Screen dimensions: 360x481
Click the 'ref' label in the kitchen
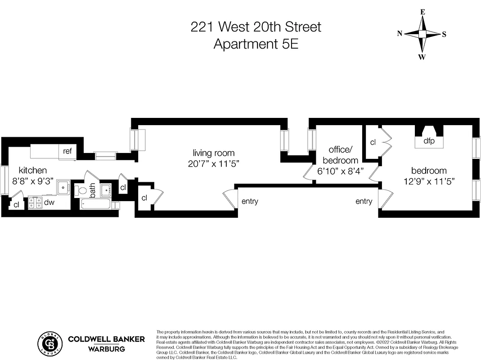tap(67, 151)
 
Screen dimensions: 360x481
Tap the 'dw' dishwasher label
tap(49, 202)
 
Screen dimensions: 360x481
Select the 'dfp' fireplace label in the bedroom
tap(429, 141)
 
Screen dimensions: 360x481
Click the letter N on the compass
tap(400, 33)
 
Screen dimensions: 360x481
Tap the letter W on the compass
tap(422, 57)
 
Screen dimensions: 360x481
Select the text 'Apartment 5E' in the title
tap(256, 45)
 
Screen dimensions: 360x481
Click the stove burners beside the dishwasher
tap(35, 203)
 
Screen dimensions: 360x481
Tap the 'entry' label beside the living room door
tap(250, 201)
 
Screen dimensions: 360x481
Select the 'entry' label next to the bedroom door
tap(364, 201)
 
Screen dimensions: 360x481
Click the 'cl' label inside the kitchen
tap(16, 204)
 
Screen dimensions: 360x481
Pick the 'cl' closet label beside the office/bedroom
tap(373, 142)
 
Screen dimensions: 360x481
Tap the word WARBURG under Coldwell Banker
tap(106, 349)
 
